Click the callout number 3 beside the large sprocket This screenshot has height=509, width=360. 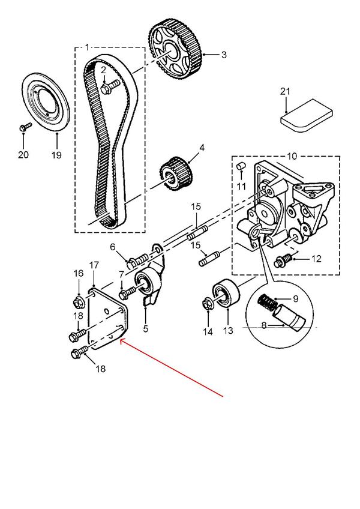(x=224, y=55)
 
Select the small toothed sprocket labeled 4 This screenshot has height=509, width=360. (x=177, y=173)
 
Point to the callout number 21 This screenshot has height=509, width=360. (x=285, y=92)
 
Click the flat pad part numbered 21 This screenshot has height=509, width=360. (x=307, y=116)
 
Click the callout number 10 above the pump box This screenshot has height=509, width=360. (x=292, y=156)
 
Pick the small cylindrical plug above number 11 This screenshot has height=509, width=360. (x=241, y=166)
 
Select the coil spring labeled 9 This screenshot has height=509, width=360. (x=268, y=301)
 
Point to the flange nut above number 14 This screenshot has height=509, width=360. (x=208, y=305)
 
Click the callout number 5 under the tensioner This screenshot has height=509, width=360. (x=145, y=328)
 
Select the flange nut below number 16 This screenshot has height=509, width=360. (x=79, y=303)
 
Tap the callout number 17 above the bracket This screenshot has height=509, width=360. (x=94, y=265)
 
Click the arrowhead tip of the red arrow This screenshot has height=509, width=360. (x=120, y=340)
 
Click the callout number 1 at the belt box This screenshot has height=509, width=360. (x=87, y=48)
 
